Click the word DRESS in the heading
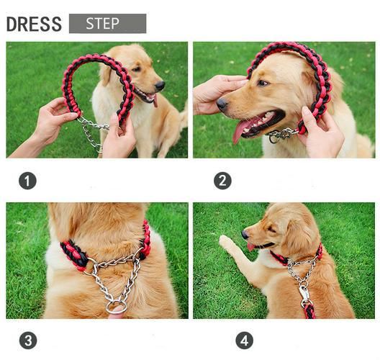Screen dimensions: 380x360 point(34,24)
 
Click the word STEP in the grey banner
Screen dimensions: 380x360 point(102,24)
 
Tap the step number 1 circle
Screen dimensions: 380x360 point(27,181)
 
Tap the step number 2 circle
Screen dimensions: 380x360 point(222,181)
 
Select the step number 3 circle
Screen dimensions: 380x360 point(28,341)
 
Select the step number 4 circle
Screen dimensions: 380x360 point(244,341)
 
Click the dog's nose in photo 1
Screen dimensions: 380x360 point(160,86)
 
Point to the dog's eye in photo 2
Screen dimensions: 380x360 point(263,84)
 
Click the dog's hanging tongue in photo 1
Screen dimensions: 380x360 point(155,101)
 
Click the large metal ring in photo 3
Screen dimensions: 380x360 point(117,307)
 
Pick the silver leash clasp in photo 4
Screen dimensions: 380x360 point(304,294)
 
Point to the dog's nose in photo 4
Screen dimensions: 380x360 point(245,235)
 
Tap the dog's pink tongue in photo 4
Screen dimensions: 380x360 point(250,247)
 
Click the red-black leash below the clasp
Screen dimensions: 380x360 point(309,311)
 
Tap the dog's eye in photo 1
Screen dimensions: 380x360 point(136,69)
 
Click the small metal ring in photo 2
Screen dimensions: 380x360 point(274,139)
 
